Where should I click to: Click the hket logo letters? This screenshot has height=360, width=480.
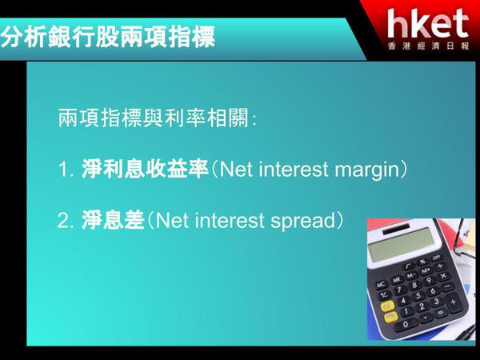point(428,23)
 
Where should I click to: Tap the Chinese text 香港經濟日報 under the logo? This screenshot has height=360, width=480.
point(429,46)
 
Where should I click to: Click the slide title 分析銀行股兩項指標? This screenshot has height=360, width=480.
point(108,37)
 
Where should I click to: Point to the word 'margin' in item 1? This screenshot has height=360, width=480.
point(367,170)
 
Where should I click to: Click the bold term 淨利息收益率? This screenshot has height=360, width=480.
point(145,169)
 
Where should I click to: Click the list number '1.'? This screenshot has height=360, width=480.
point(66,170)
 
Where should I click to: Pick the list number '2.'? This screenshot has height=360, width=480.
point(66,220)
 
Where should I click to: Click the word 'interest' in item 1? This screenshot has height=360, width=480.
point(294,169)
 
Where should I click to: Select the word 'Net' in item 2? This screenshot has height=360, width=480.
point(172,220)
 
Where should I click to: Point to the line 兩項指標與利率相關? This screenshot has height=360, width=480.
point(157,118)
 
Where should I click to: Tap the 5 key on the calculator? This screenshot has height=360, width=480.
point(418,296)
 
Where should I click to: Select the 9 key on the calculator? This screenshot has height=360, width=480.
point(429,281)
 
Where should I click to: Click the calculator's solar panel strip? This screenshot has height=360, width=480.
point(396,229)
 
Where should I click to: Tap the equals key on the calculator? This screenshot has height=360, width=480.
point(441,313)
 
